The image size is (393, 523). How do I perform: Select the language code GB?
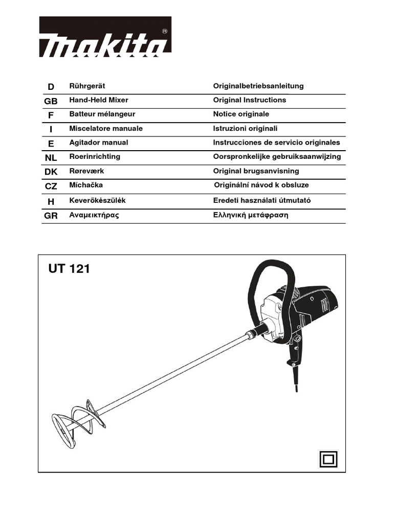pos(51,101)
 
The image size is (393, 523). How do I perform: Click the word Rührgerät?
pos(87,86)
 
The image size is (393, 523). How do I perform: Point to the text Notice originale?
pos(241,114)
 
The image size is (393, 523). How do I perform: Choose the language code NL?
pos(51,158)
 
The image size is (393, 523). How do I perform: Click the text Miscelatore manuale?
pos(106,128)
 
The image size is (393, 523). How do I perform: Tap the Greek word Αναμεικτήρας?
pos(94,215)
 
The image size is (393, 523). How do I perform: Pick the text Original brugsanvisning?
pos(256,171)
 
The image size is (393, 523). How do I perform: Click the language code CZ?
pos(51,187)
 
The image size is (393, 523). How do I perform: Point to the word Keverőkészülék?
pos(97,201)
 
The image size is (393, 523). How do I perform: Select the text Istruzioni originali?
pos(245,128)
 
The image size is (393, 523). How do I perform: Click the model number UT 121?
pos(69,268)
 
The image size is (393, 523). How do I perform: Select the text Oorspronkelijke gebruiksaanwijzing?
pos(277,157)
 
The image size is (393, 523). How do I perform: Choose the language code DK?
pos(51,173)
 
